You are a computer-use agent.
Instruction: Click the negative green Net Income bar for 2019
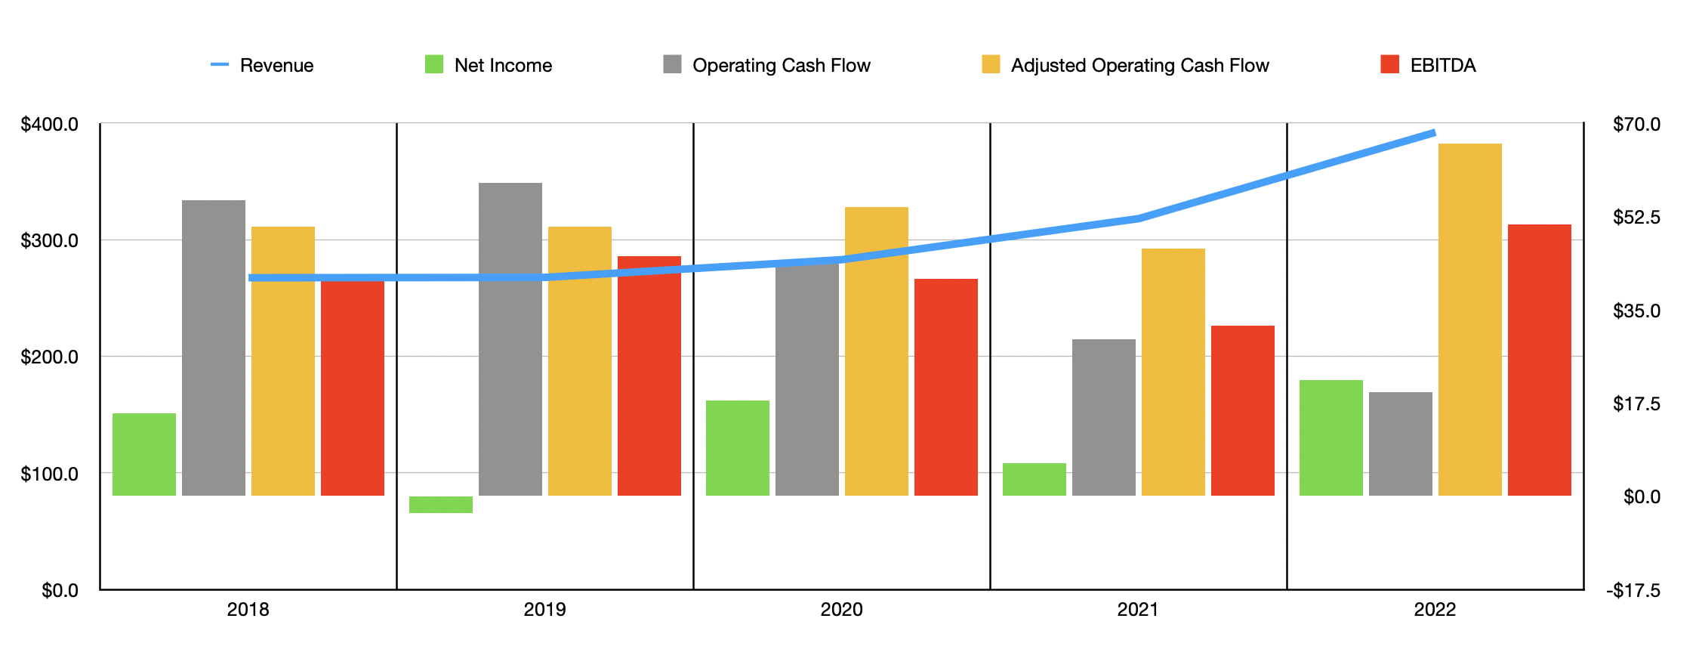[x=441, y=505]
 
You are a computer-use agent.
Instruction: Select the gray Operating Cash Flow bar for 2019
[x=510, y=340]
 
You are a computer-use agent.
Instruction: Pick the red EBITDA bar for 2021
[x=1243, y=411]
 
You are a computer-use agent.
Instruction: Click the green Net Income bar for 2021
[x=1035, y=480]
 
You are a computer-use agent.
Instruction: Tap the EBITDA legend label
[x=1442, y=66]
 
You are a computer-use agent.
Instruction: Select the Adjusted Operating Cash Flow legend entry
[x=1139, y=66]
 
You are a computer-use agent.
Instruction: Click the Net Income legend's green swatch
[x=434, y=64]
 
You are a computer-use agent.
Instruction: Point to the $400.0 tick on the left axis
[x=50, y=124]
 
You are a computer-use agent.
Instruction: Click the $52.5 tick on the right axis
[x=1636, y=218]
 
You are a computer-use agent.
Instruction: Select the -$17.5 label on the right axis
[x=1633, y=590]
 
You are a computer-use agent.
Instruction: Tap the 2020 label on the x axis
[x=841, y=610]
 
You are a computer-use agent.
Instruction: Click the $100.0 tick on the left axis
[x=50, y=474]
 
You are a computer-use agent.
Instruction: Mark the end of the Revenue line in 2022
[x=1433, y=133]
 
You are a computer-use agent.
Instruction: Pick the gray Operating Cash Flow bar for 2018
[x=214, y=348]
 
